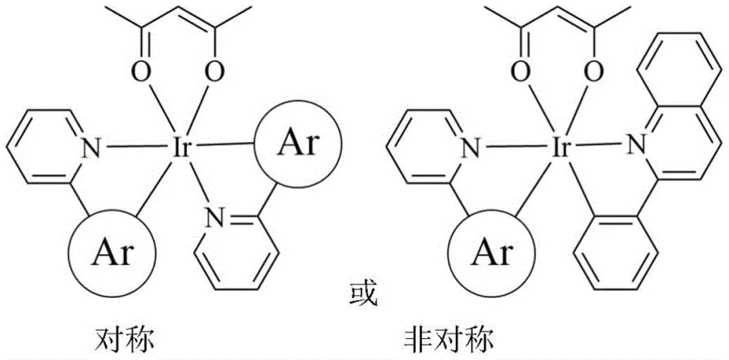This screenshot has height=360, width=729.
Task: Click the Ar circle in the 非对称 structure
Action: click(x=485, y=251)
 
